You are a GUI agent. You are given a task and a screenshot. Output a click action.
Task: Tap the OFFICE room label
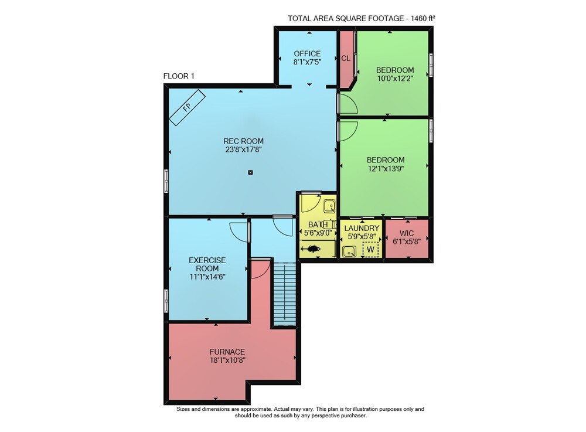click(x=307, y=53)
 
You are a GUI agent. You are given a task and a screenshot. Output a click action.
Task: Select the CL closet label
click(x=346, y=58)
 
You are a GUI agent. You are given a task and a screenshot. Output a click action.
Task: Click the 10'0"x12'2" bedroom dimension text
click(x=395, y=79)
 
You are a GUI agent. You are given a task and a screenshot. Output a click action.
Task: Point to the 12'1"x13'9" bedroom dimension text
click(x=386, y=168)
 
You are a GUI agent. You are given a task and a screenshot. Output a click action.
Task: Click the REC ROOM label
click(x=243, y=141)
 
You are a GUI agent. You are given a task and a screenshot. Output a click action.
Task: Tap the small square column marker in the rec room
click(x=250, y=172)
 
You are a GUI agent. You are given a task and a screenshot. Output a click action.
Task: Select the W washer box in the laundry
click(x=370, y=249)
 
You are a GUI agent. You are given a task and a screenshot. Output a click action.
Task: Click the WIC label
click(x=407, y=233)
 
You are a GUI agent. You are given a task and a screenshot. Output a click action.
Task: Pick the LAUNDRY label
click(x=362, y=228)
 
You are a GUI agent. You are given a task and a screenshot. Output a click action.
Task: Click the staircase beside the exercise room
click(x=285, y=294)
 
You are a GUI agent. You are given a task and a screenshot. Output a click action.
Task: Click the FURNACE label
click(x=227, y=352)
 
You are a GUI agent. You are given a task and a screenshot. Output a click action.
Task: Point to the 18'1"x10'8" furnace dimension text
click(x=227, y=360)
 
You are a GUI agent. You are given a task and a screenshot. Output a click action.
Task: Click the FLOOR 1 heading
click(x=179, y=76)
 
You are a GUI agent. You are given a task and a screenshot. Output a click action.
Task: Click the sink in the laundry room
click(x=349, y=251)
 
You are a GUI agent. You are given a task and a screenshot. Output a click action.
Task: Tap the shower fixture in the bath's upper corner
click(x=329, y=206)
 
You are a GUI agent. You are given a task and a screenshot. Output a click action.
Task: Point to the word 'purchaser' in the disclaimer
click(x=353, y=415)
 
